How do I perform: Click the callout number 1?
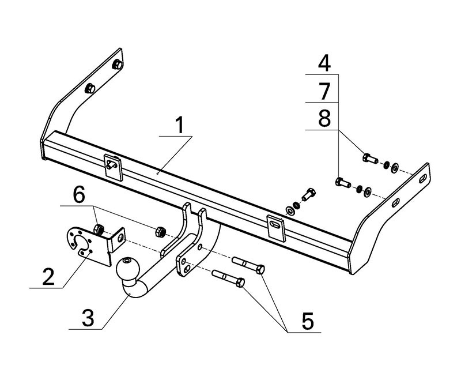tap(180, 125)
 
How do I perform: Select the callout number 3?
tap(88, 318)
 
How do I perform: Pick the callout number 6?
tap(79, 195)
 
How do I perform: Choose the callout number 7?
tap(325, 92)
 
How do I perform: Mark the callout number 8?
tap(325, 119)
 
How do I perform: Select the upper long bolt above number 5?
tap(248, 266)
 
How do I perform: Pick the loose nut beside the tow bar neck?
tap(161, 232)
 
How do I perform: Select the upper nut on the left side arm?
tap(116, 63)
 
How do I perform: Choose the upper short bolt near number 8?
tap(368, 157)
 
